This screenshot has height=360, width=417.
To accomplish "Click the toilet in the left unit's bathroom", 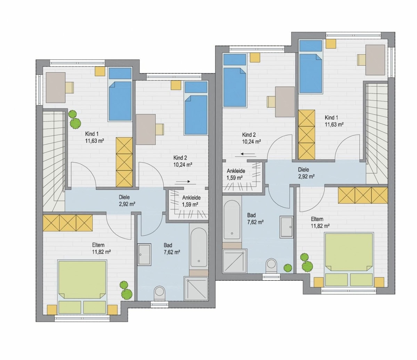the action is (x=160, y=293).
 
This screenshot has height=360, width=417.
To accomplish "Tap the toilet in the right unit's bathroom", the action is (x=271, y=265).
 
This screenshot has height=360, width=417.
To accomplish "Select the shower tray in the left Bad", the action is (x=196, y=288).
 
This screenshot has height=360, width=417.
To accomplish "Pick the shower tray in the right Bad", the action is (x=235, y=261).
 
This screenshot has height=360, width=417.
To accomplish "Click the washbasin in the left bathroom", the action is (x=144, y=254).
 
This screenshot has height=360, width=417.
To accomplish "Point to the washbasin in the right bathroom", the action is (x=286, y=227).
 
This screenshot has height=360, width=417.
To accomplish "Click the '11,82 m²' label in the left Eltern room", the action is (x=101, y=252).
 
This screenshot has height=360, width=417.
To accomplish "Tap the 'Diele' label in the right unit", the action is (x=303, y=170).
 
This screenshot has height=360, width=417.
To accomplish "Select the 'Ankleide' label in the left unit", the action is (x=191, y=197).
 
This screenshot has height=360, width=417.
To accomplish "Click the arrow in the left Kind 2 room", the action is (x=182, y=181).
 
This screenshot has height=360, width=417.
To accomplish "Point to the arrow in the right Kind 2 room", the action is (x=248, y=154).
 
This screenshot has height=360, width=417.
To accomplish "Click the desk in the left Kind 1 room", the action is (x=56, y=88).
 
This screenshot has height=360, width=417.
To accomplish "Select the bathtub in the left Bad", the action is (x=199, y=248).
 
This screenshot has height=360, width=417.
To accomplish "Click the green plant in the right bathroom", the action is (x=288, y=268).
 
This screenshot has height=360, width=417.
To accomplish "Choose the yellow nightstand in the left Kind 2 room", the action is (x=176, y=85).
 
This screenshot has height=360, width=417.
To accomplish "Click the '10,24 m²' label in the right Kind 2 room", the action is (x=251, y=141).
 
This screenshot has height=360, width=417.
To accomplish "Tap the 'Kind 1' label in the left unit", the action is (x=92, y=134).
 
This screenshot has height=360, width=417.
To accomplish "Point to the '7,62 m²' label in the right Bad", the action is (x=255, y=222).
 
